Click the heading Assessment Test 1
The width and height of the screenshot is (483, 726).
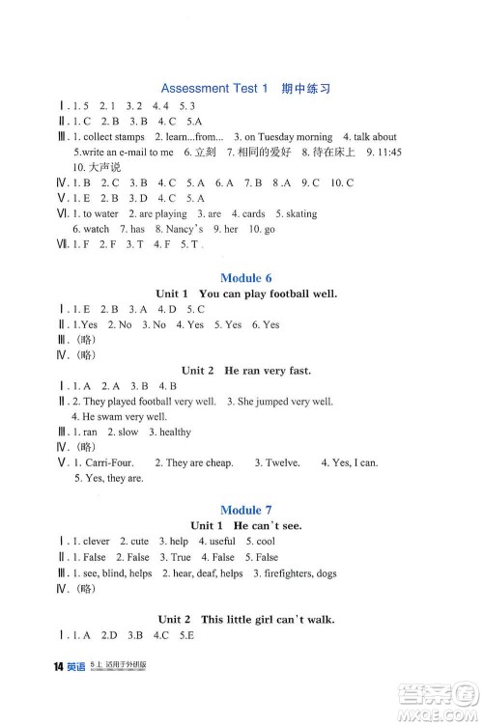213,88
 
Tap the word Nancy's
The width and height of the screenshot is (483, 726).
184,229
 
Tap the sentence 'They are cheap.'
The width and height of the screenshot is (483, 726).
199,462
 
